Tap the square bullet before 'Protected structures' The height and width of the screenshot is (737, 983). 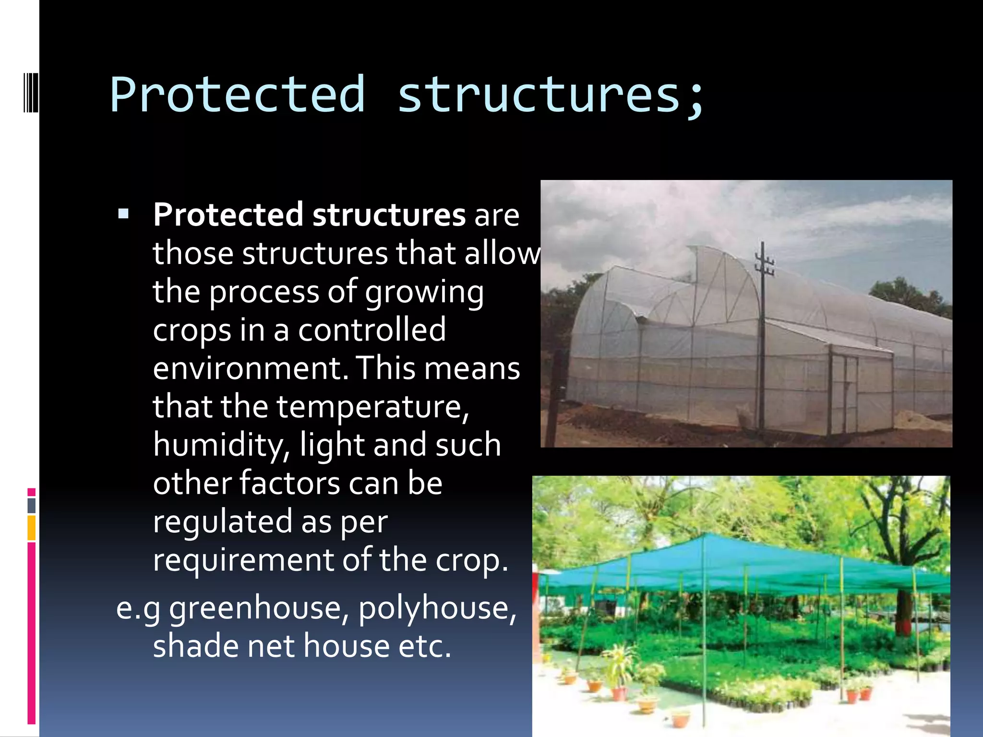pyautogui.click(x=123, y=214)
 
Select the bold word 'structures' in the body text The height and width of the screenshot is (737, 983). pyautogui.click(x=389, y=214)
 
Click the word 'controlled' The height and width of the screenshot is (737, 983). pyautogui.click(x=372, y=330)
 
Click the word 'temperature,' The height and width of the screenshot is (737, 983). pyautogui.click(x=372, y=406)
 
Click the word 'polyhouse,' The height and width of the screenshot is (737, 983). pyautogui.click(x=437, y=608)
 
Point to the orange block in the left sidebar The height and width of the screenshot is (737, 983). pyautogui.click(x=32, y=528)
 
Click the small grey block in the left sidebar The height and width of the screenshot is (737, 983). pyautogui.click(x=32, y=505)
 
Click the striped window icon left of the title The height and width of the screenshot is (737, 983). pyautogui.click(x=30, y=91)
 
